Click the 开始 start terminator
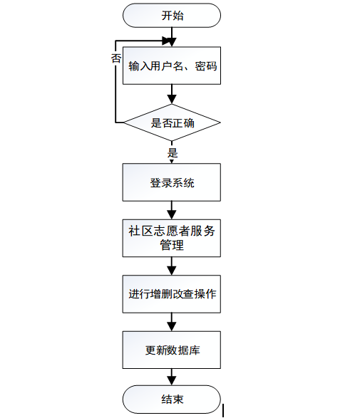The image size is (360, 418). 172,16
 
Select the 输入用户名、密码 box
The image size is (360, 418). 172,66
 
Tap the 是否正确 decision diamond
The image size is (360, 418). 172,123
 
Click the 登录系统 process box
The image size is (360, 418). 172,182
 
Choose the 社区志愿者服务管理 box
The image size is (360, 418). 172,238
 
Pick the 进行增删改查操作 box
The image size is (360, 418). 172,294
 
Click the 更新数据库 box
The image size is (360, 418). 172,350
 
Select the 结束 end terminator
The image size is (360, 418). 172,399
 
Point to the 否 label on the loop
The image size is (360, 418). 115,59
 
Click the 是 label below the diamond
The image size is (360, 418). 172,152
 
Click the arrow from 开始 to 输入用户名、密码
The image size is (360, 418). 172,37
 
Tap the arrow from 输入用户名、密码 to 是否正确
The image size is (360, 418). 172,94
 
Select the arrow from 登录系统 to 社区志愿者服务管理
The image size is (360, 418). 172,210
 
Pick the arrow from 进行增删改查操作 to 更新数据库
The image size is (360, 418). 172,322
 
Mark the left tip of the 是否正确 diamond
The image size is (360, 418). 125,123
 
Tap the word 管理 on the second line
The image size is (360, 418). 172,246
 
